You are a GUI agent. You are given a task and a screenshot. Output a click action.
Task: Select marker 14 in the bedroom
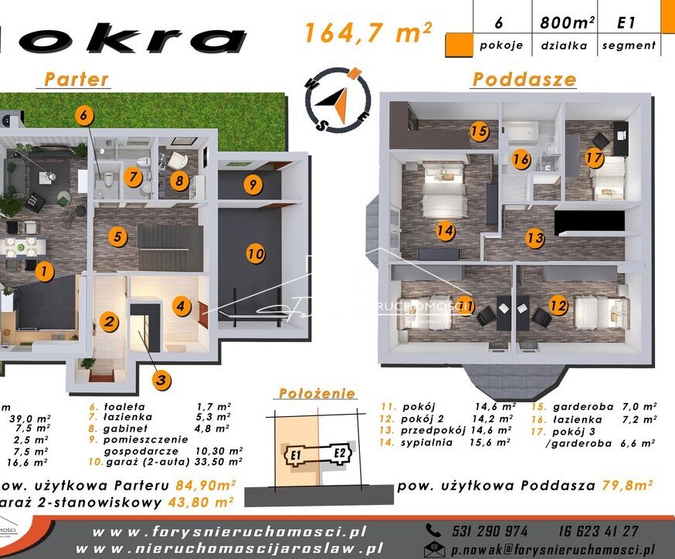(444, 229)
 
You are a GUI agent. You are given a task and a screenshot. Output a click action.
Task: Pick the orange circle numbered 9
(252, 184)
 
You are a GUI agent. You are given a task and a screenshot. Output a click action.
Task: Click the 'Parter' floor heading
(76, 79)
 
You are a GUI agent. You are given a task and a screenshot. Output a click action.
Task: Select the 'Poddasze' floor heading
(524, 79)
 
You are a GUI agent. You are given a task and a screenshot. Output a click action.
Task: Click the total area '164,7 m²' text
(367, 33)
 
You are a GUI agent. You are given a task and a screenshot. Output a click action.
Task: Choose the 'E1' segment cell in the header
(626, 23)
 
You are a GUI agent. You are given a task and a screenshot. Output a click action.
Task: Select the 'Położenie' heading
(317, 392)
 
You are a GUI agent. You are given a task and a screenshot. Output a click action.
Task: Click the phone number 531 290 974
(488, 531)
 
